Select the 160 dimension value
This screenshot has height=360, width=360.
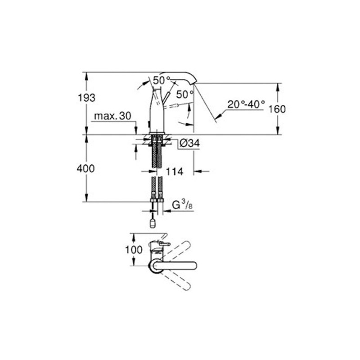[x=278, y=109]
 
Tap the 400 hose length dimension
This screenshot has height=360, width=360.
[x=86, y=169]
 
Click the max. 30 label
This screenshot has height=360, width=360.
[x=112, y=117]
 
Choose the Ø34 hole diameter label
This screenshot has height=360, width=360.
[x=189, y=144]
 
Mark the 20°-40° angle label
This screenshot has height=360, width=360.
[x=246, y=104]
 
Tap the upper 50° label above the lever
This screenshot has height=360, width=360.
[x=162, y=81]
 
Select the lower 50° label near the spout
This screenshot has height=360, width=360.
[x=184, y=94]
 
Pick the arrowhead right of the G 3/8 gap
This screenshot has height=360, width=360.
[x=163, y=210]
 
